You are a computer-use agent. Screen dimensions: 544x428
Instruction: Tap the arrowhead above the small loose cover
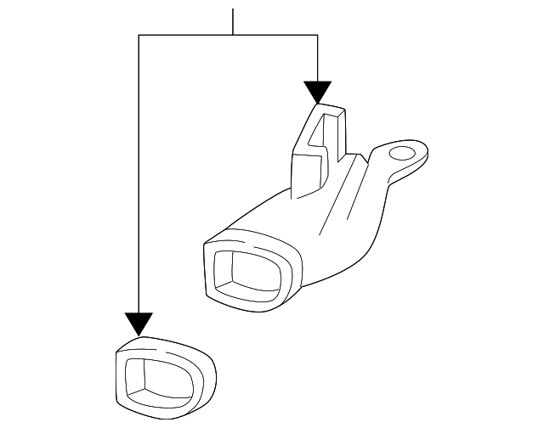tap(139, 324)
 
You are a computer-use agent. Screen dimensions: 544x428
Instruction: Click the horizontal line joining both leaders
tap(187, 35)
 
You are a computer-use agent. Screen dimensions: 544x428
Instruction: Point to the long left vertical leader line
tap(139, 170)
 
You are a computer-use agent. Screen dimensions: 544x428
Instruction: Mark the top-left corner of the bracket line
tap(139, 35)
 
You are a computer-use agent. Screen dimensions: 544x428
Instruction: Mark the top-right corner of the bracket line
tap(317, 35)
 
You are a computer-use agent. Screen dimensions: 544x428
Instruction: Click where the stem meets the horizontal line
tap(232, 35)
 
